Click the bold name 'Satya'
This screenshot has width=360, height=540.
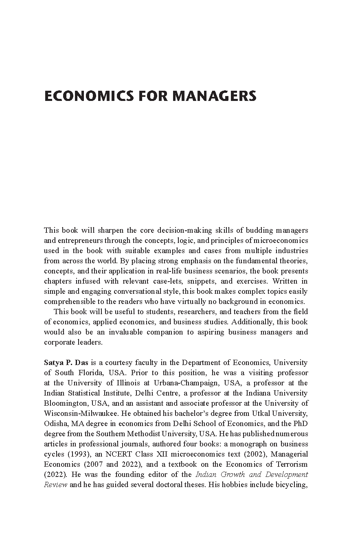click(53, 363)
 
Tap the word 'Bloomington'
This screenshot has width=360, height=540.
click(63, 403)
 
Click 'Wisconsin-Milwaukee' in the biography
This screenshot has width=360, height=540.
click(78, 413)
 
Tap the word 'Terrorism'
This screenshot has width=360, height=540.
click(292, 464)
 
